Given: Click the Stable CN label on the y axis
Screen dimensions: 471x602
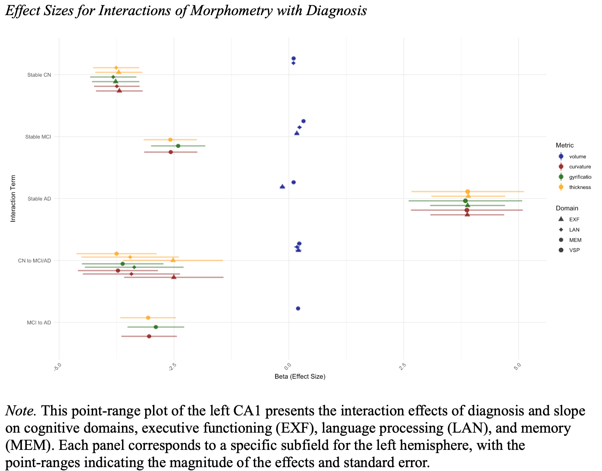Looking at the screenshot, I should pos(39,75).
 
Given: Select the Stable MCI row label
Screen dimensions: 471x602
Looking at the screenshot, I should pos(38,137).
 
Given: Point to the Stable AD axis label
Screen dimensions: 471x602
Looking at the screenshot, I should pos(39,199).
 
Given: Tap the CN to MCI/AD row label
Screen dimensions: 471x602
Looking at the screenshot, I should pos(35,260).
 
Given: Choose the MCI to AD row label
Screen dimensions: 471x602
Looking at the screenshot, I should pos(39,322).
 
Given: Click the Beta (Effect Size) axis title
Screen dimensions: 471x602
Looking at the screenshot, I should pos(300,377).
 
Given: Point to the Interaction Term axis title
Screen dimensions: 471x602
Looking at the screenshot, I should pos(13,199).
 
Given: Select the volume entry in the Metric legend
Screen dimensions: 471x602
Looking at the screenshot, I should pos(577,157).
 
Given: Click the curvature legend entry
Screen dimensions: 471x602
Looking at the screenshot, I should pos(580,167).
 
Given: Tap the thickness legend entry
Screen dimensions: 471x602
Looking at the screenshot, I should pos(580,187).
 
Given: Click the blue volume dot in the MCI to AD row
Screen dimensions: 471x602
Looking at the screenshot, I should pos(298,308).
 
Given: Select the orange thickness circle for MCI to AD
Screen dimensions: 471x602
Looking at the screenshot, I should pos(148,318).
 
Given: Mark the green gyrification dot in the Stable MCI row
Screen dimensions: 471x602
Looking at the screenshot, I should pos(178,146).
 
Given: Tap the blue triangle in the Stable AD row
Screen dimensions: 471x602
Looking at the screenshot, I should pos(282,186).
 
